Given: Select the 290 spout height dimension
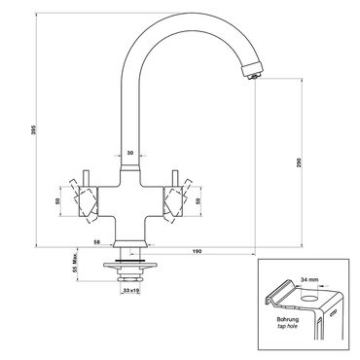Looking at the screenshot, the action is coord(299,163).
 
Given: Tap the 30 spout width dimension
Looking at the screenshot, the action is coord(130,153).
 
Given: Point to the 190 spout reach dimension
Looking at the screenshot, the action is coord(198,251).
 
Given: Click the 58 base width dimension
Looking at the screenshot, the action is coord(96,242).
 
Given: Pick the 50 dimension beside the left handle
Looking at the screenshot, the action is coord(57,201).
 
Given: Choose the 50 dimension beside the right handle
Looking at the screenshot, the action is coord(198,201).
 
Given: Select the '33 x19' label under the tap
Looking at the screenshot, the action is coord(131,291).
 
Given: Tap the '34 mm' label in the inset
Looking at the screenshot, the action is coord(309,279).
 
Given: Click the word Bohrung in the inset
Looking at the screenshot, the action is coord(288,320).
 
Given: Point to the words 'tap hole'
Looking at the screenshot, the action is coord(288,326).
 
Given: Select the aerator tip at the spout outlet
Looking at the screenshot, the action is coord(255,76).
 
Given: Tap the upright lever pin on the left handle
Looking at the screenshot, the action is coord(87,178).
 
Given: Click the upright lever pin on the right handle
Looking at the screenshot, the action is coord(175,178).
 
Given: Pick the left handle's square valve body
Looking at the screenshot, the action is coord(88,201).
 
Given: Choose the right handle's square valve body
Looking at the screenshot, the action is coord(174,201).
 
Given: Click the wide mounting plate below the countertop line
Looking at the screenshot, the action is coord(130,266).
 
